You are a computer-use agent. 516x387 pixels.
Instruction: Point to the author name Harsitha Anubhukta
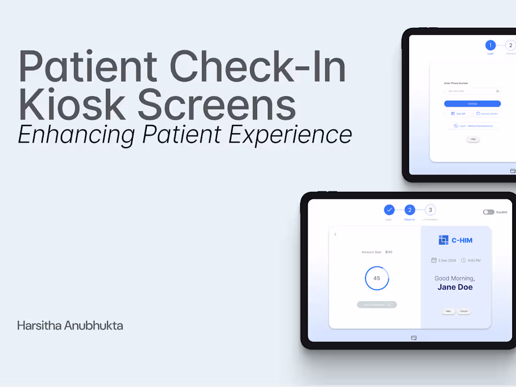[70, 326]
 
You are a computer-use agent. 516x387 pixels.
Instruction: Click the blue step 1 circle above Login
[490, 46]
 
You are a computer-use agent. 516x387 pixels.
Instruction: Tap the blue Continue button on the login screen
[472, 104]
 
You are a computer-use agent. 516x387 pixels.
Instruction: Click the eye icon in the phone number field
[497, 91]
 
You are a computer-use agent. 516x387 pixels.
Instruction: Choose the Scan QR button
[458, 114]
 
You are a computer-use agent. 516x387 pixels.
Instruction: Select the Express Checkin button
[487, 114]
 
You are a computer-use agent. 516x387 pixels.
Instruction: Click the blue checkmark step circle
[389, 210]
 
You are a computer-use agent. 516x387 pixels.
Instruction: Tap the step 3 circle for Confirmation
[430, 210]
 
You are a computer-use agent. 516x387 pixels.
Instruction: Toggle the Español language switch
[488, 212]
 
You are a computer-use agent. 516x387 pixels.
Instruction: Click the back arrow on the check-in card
[335, 235]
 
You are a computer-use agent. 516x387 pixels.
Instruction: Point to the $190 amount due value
[388, 252]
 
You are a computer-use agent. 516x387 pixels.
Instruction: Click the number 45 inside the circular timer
[377, 278]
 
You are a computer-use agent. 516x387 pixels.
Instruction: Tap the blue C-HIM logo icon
[443, 240]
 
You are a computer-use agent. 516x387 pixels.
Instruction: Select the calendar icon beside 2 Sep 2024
[434, 260]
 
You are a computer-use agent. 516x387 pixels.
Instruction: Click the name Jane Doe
[455, 287]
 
